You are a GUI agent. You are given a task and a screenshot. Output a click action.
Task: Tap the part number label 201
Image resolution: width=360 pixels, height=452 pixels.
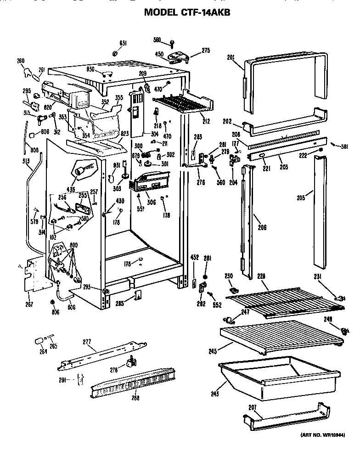[x=231, y=57]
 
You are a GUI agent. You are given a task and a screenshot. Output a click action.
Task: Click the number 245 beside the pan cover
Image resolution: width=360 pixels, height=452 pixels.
[x=212, y=352]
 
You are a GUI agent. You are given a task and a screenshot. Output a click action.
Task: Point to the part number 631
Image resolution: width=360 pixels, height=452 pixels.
[x=123, y=43]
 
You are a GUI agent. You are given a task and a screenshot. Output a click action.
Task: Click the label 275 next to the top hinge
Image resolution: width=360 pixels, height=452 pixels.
[x=206, y=51]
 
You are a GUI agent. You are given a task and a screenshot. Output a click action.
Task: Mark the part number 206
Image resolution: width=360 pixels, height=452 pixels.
[x=262, y=227]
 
